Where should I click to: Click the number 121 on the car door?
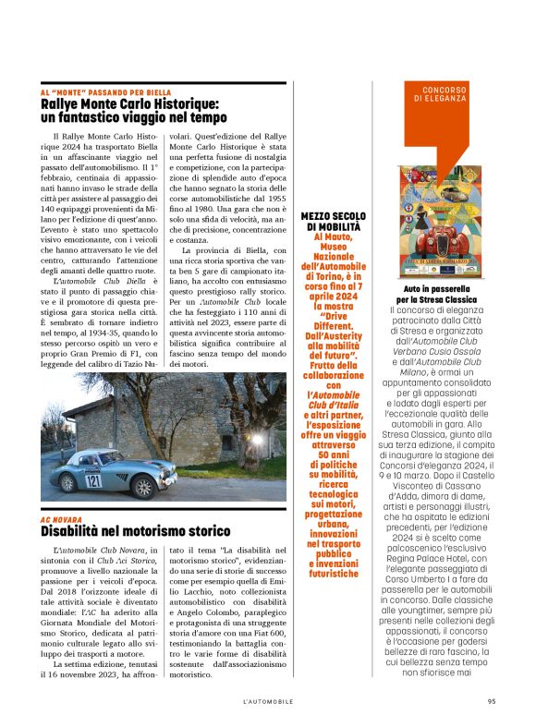click(x=94, y=480)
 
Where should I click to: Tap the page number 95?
click(x=492, y=701)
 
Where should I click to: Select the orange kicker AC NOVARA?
click(x=60, y=519)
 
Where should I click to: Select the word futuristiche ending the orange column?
click(x=331, y=574)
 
